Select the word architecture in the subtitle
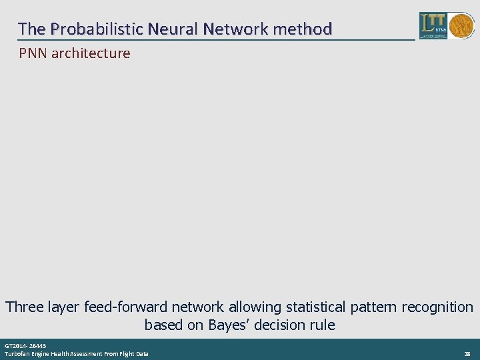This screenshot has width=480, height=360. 91,53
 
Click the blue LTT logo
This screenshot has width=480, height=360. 433,25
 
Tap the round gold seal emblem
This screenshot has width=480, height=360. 461,25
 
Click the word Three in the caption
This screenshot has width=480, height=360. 25,307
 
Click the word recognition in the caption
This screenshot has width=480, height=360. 437,307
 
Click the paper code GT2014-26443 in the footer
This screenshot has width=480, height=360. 25,347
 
